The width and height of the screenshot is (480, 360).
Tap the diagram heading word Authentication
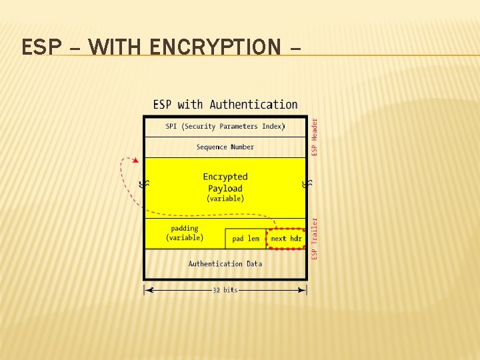pos(253,105)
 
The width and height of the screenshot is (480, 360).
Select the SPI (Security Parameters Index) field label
pos(225,126)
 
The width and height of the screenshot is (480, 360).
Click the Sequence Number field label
pos(225,147)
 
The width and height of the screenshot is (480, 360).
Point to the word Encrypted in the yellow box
pos(225,177)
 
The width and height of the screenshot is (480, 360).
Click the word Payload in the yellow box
pos(225,188)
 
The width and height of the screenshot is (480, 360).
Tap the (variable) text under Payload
pos(225,199)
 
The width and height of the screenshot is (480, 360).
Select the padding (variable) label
pos(185,233)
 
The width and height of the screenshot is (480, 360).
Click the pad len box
pos(246,239)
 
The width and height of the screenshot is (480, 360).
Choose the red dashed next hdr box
pos(286,239)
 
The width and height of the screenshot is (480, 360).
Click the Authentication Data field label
pos(225,264)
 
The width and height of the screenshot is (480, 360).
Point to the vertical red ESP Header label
pos(315,137)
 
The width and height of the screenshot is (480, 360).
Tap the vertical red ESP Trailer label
pos(315,239)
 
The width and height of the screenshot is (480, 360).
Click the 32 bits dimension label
pos(225,290)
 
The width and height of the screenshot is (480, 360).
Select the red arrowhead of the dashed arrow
pos(136,161)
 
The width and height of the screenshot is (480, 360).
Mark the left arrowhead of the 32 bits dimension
pos(148,290)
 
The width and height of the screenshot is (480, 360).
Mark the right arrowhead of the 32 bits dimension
pos(303,290)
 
